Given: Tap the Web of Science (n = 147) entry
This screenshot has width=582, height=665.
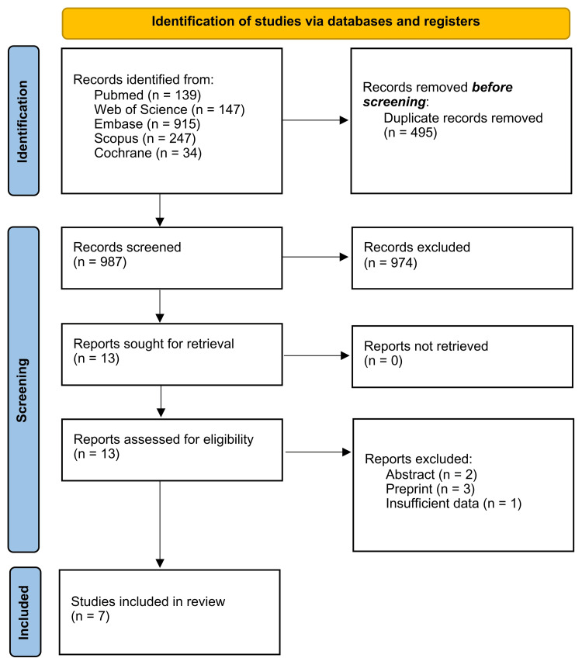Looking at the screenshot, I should click(169, 109).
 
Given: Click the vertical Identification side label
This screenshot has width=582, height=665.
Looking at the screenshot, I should click(24, 121).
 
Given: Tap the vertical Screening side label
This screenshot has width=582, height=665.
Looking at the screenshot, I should click(24, 388).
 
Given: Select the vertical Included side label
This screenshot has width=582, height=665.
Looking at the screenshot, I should click(24, 613).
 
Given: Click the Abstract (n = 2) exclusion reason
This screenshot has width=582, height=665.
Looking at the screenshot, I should click(424, 474).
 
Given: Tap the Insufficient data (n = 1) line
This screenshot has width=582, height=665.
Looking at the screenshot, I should click(453, 504).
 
